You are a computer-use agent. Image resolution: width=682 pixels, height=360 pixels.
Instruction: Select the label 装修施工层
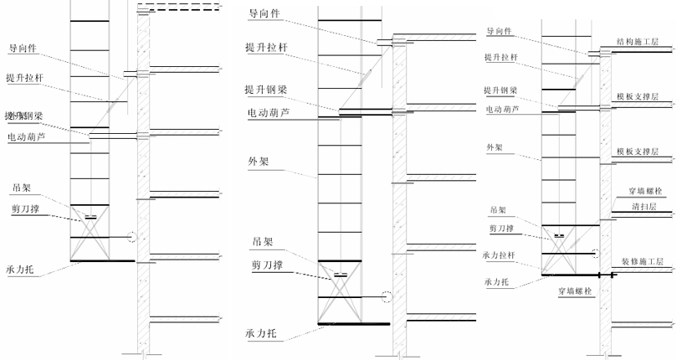pyautogui.click(x=641, y=261)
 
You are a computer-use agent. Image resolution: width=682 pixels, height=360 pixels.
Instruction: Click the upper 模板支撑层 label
pyautogui.click(x=637, y=97)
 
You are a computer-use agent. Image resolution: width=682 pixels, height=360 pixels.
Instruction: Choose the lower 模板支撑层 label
pyautogui.click(x=637, y=152)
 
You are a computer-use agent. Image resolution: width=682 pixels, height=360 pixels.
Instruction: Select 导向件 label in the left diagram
pyautogui.click(x=25, y=48)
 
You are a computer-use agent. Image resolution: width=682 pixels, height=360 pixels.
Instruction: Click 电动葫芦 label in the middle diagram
pyautogui.click(x=267, y=112)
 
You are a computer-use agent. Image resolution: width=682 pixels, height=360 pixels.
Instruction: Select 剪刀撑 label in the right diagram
pyautogui.click(x=501, y=228)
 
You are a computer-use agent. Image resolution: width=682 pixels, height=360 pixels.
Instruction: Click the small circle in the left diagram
pyautogui.click(x=131, y=236)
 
